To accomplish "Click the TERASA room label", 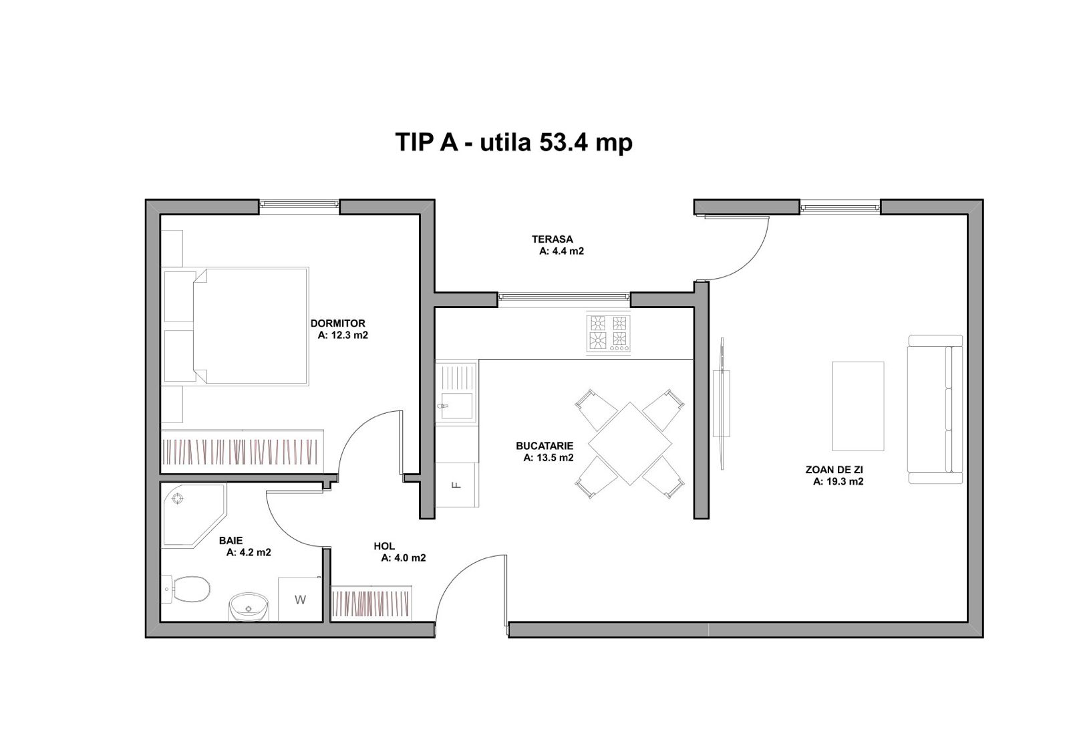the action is tap(552, 239).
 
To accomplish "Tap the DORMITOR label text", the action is tap(338, 324).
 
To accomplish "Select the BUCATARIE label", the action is tap(545, 446).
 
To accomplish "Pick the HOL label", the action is tap(384, 546).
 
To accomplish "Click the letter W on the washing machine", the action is tap(300, 600).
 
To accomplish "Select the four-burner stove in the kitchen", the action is tap(609, 333).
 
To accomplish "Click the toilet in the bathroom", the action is tap(187, 590).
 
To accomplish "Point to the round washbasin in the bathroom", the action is tap(249, 607).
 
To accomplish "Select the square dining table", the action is tap(630, 444).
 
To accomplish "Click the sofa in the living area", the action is tap(935, 410).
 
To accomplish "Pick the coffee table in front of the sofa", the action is tap(858, 406).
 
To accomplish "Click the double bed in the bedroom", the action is tap(251, 327).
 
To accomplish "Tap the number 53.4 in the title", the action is tap(564, 142).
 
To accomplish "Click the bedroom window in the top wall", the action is tap(299, 204).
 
